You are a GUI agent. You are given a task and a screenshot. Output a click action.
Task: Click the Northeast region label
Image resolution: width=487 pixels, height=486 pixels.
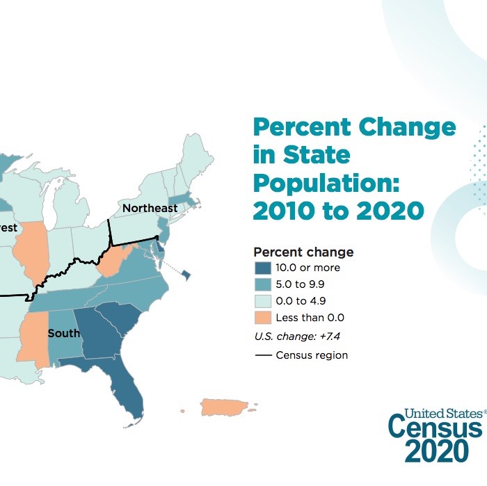pos(150,209)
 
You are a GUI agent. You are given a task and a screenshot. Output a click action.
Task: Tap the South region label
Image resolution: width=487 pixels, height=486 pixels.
pos(63,334)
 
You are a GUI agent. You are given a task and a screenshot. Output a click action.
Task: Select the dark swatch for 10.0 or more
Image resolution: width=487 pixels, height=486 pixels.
pos(263,268)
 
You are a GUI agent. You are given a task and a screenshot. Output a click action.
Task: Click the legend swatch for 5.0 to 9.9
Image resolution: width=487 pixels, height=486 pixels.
pos(263,284)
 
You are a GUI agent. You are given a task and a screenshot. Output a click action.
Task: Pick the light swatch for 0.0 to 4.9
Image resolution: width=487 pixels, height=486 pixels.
pos(263,301)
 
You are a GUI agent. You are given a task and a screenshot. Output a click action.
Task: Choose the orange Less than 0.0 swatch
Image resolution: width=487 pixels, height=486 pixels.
pos(263,318)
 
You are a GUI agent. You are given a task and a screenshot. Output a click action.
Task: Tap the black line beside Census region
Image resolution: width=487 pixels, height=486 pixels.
pos(262,355)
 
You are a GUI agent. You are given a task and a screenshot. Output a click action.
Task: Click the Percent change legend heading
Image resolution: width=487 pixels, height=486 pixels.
pos(303,252)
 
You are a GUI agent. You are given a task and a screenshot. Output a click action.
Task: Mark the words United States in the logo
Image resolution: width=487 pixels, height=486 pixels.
pos(436,412)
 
